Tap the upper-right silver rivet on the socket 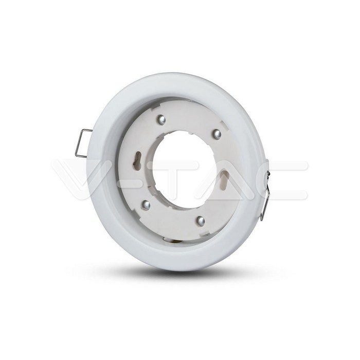[x=217, y=134]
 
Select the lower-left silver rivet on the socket [x=146, y=205]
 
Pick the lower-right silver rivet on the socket [x=200, y=221]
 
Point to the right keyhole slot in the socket [x=225, y=180]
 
